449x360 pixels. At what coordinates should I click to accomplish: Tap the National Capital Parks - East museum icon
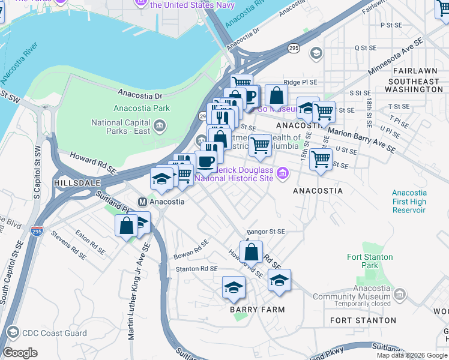(160, 125)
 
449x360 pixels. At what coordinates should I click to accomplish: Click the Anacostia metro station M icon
(143, 202)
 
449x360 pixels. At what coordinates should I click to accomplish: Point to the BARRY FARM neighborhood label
(257, 309)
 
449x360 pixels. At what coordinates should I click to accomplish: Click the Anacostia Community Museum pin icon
(400, 294)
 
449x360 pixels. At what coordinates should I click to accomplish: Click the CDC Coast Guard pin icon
(12, 332)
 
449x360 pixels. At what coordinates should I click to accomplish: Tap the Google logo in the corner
(20, 353)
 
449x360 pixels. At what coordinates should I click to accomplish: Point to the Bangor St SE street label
(265, 232)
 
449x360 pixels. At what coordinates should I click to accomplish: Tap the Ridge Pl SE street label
(300, 82)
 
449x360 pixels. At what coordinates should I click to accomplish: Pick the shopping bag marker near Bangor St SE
(253, 251)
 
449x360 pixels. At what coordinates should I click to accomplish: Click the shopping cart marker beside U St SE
(321, 160)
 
